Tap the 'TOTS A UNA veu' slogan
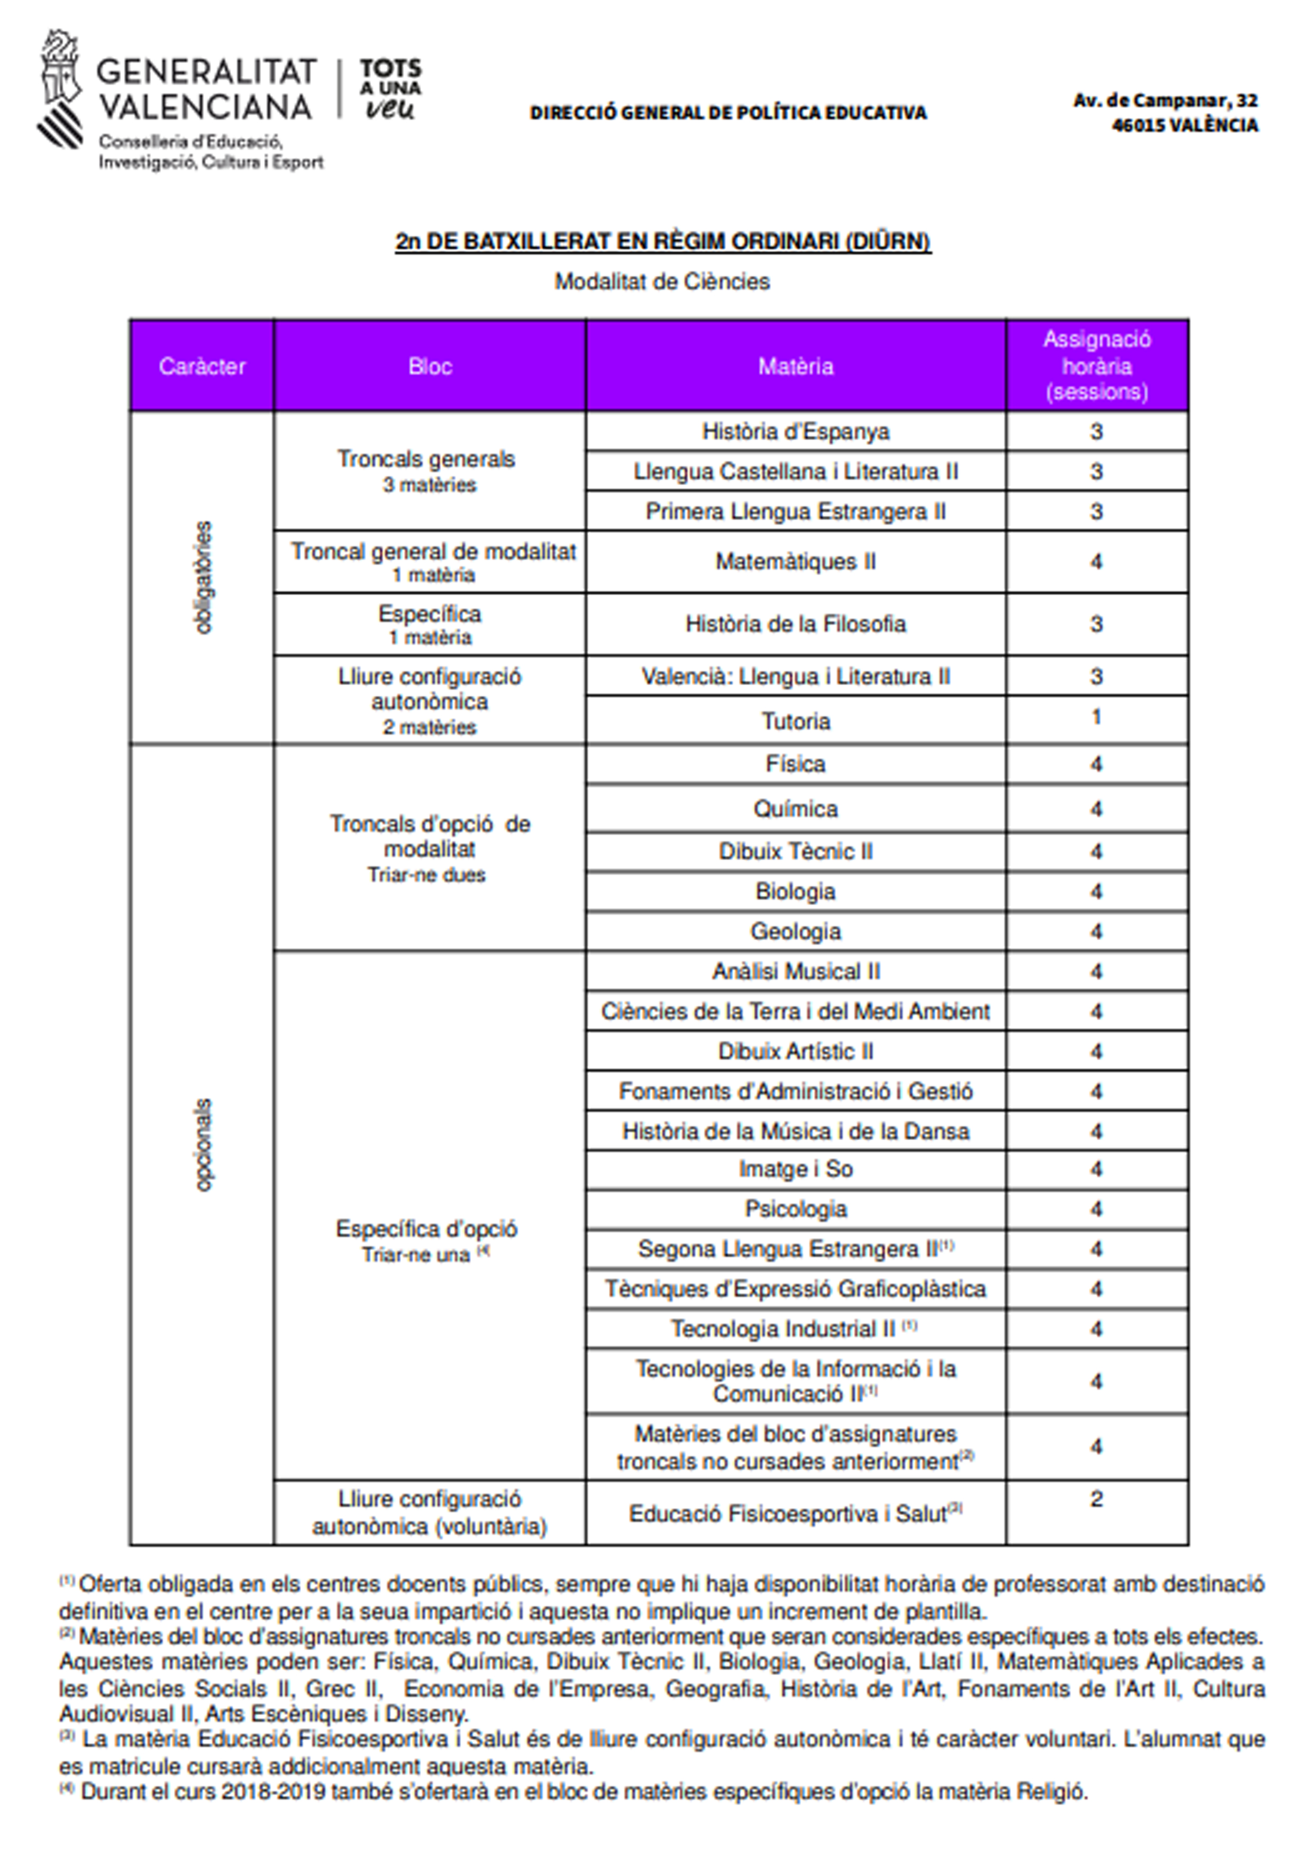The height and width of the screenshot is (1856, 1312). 390,89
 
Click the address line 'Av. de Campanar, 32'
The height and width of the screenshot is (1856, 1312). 1165,100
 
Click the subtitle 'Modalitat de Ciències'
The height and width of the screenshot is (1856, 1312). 661,281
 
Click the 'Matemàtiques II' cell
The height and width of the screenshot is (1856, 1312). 796,562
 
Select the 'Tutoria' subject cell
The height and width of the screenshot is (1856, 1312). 796,721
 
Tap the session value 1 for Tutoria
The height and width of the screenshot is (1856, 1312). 1096,717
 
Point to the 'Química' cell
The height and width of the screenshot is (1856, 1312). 796,808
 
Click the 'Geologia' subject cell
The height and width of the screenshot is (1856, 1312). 796,931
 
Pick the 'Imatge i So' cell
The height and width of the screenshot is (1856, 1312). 796,1169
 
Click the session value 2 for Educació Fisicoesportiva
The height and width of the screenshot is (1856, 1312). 1096,1499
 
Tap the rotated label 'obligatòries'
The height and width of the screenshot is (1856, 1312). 203,577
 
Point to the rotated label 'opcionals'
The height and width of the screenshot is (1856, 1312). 203,1144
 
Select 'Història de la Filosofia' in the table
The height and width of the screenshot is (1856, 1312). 796,624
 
